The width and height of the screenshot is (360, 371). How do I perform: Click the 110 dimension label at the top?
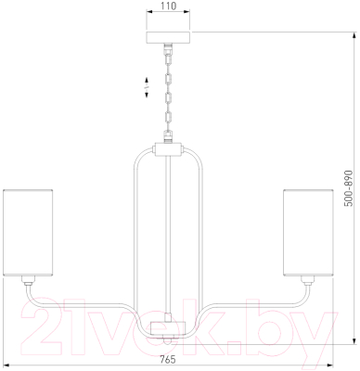click(x=169, y=6)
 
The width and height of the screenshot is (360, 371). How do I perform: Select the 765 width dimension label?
click(x=168, y=359)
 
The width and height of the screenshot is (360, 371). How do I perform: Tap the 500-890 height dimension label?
click(x=349, y=188)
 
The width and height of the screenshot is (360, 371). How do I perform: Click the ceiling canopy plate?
click(x=169, y=37)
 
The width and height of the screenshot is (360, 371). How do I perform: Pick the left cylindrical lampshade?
click(x=28, y=233)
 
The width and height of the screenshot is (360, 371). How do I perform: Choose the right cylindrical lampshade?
click(x=308, y=233)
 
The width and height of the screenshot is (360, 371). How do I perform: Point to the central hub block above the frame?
click(x=169, y=149)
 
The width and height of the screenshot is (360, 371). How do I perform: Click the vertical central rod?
click(x=169, y=235)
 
